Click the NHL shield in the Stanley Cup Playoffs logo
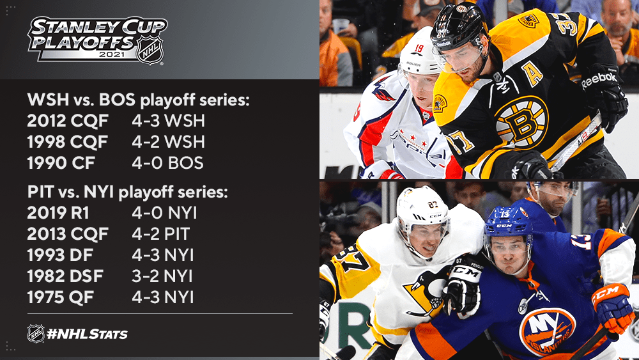(150, 51)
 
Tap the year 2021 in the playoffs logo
(112, 54)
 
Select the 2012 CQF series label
(68, 121)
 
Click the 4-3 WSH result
(168, 121)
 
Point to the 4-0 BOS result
(167, 162)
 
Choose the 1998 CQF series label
(68, 142)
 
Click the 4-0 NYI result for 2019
(164, 213)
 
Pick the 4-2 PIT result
(161, 234)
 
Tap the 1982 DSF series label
(65, 276)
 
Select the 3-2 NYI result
(162, 276)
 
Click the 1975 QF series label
(60, 297)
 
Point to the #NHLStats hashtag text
(87, 334)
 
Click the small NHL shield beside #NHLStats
(36, 334)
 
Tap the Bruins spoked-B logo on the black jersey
(521, 121)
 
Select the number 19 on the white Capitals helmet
(419, 49)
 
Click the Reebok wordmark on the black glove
(599, 80)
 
